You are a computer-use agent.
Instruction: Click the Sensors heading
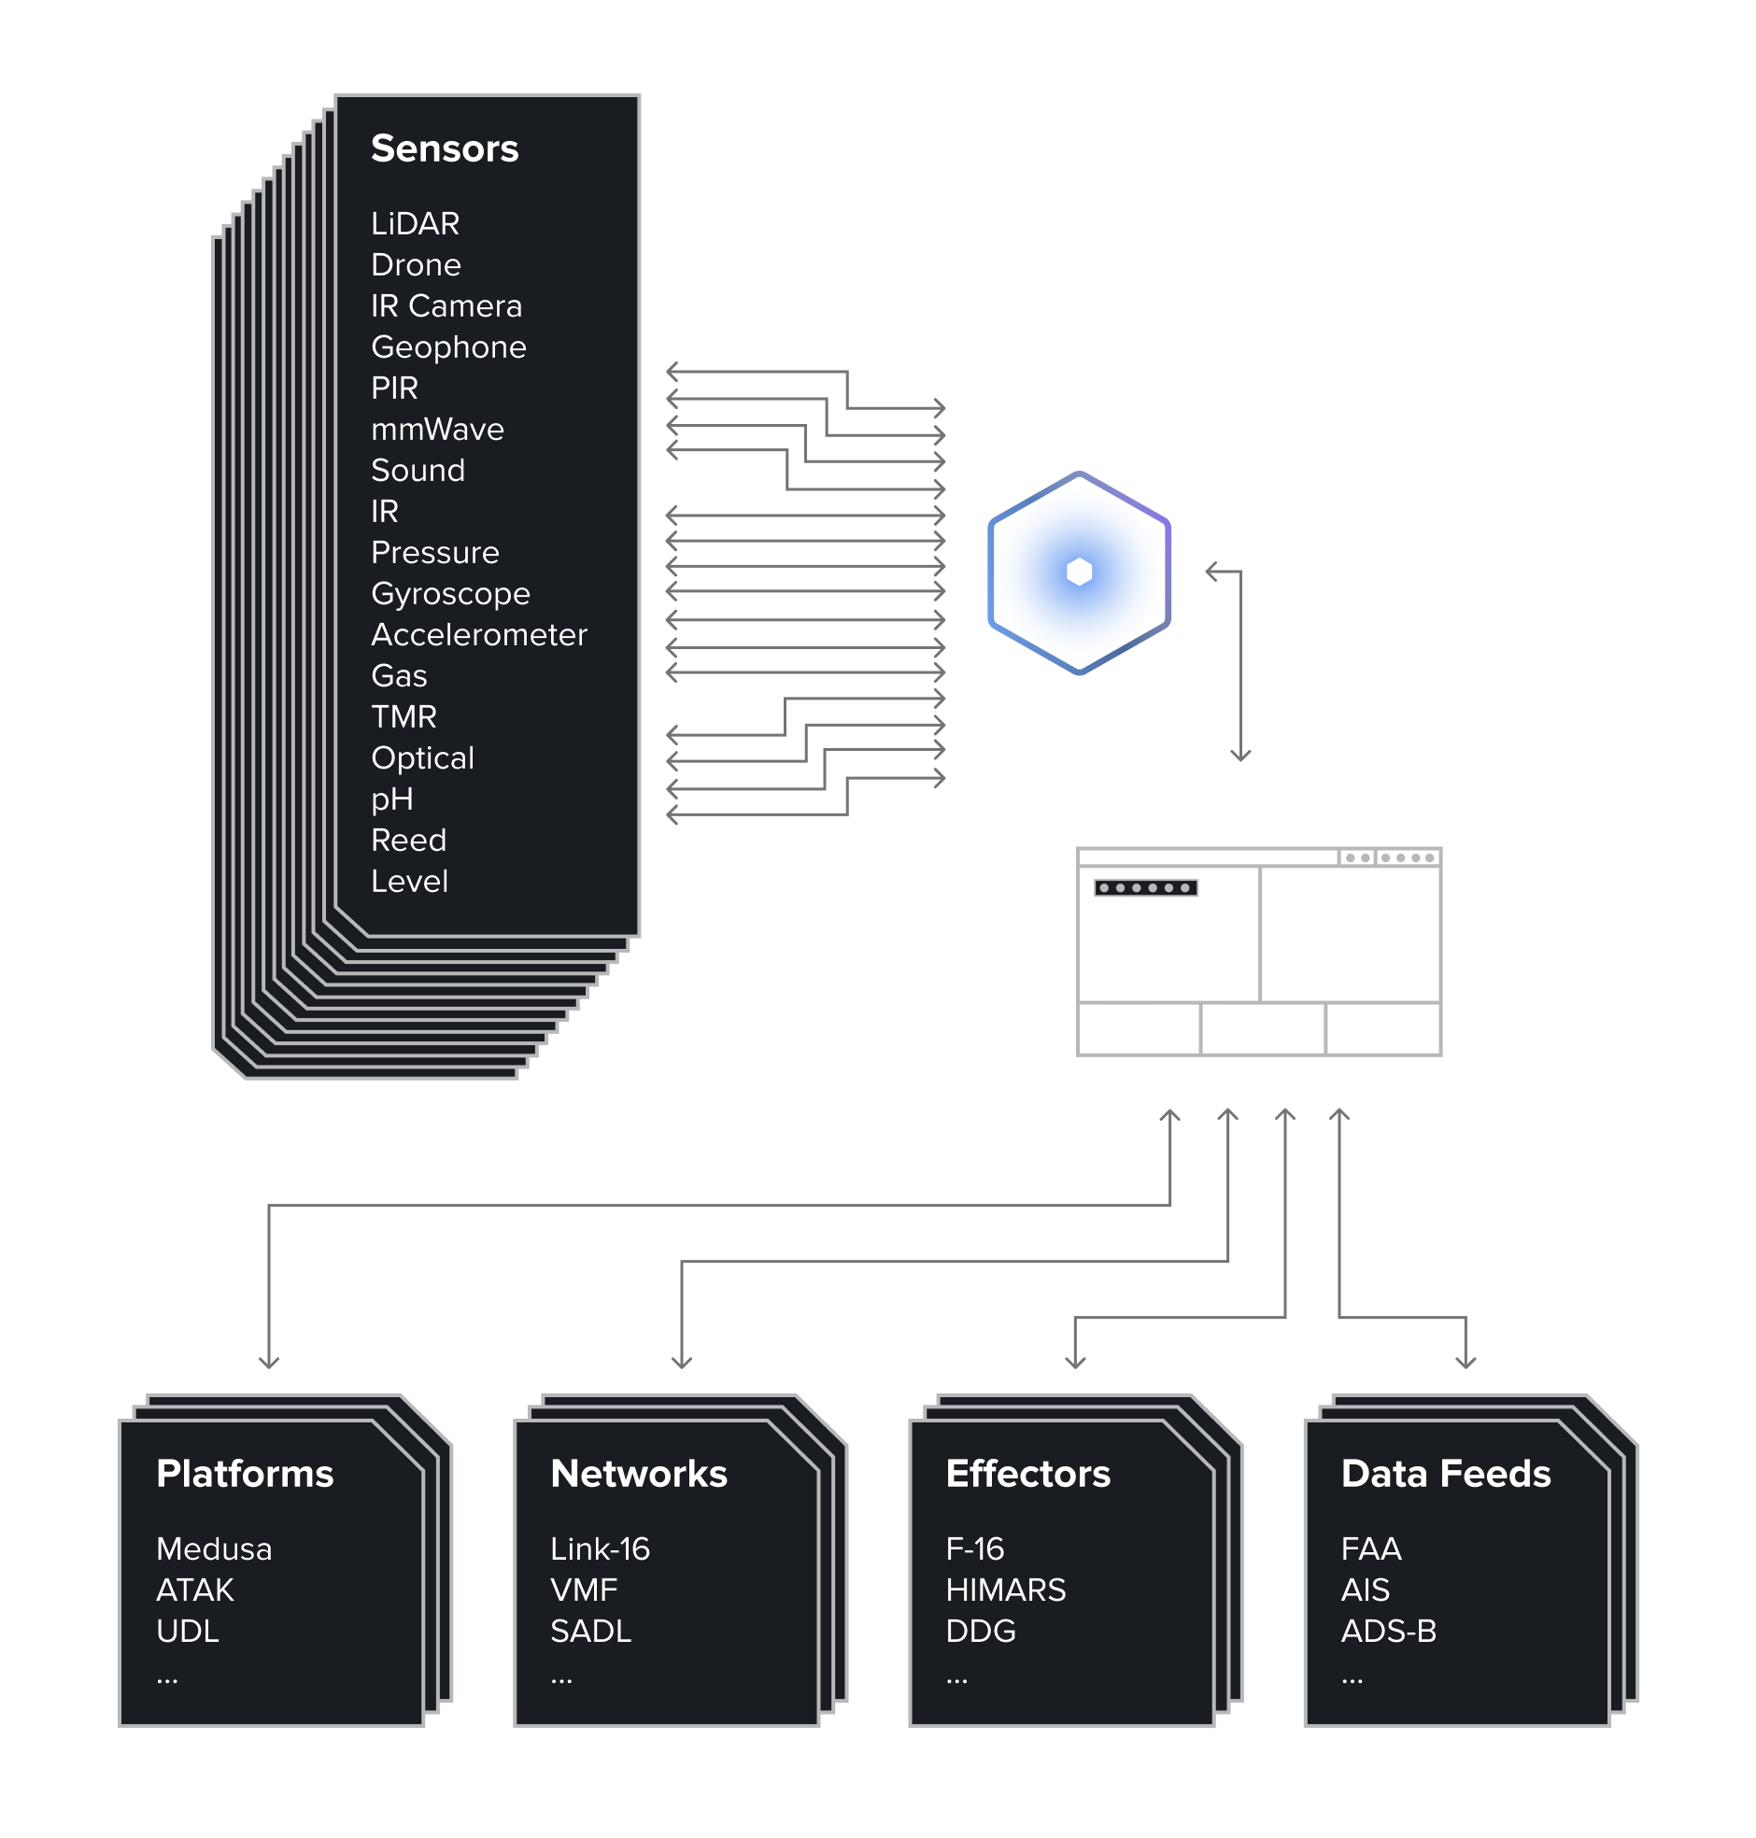tap(444, 148)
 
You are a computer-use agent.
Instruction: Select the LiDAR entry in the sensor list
tap(415, 223)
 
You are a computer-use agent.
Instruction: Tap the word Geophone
tap(448, 347)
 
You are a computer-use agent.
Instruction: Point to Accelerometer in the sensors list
tap(478, 634)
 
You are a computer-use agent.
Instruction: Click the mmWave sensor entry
tap(437, 430)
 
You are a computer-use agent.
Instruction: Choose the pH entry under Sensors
tap(391, 799)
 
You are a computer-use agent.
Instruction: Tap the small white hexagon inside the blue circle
tap(1078, 572)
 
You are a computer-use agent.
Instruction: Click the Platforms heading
tap(245, 1474)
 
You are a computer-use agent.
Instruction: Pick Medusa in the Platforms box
tap(213, 1548)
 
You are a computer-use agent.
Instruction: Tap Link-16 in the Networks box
tap(599, 1548)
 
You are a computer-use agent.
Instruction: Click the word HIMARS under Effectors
tap(1005, 1590)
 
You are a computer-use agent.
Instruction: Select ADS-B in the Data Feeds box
tap(1388, 1632)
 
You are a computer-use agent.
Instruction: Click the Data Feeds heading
tap(1445, 1474)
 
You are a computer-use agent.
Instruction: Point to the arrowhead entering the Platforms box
tap(269, 1362)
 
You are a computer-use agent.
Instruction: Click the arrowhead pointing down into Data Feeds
tap(1465, 1362)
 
